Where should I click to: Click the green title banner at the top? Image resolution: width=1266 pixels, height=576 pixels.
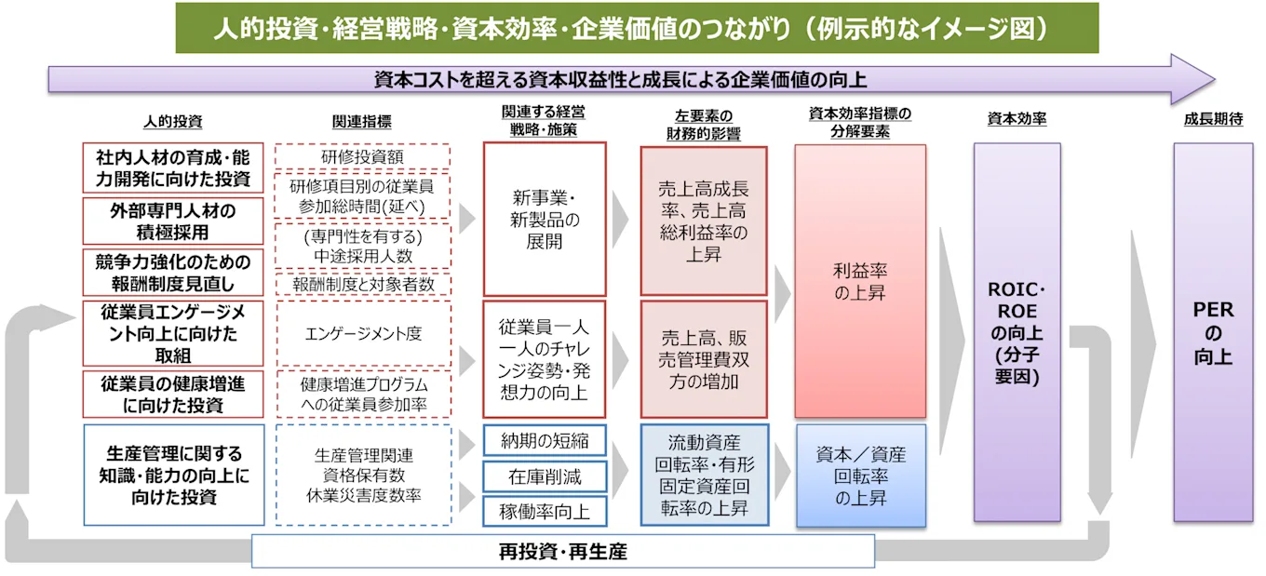pyautogui.click(x=637, y=28)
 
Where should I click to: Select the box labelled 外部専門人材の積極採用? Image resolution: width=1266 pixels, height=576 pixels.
pyautogui.click(x=172, y=221)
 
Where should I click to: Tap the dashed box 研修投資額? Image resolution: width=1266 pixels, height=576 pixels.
pyautogui.click(x=363, y=155)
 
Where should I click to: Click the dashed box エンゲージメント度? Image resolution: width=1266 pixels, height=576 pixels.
pyautogui.click(x=363, y=333)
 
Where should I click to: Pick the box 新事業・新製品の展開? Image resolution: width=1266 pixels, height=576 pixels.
pyautogui.click(x=545, y=220)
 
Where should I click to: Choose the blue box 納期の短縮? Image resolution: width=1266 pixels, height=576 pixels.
pyautogui.click(x=545, y=440)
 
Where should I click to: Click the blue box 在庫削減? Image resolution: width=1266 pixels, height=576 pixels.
pyautogui.click(x=545, y=476)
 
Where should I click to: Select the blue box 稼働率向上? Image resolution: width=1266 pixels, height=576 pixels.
pyautogui.click(x=545, y=511)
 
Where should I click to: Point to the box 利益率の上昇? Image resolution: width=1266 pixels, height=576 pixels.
pyautogui.click(x=859, y=281)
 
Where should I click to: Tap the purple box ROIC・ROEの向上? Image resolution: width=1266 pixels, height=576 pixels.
pyautogui.click(x=1016, y=332)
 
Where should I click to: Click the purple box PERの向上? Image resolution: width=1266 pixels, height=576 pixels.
pyautogui.click(x=1212, y=332)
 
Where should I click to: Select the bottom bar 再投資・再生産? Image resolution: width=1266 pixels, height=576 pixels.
pyautogui.click(x=563, y=552)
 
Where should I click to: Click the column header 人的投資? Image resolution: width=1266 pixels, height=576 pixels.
pyautogui.click(x=172, y=121)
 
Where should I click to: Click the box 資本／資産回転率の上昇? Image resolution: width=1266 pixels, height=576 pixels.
pyautogui.click(x=859, y=476)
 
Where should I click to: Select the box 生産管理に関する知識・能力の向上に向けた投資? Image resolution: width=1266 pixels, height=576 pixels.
pyautogui.click(x=172, y=475)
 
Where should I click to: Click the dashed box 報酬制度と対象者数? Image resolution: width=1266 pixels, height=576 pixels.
pyautogui.click(x=363, y=285)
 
